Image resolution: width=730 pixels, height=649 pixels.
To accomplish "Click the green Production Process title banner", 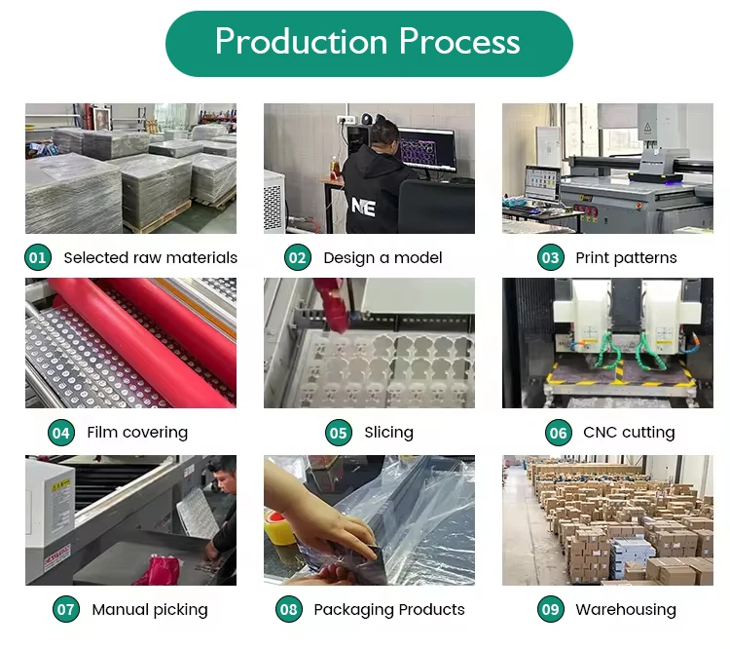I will (368, 43).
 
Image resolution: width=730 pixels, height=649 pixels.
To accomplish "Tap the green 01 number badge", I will (37, 257).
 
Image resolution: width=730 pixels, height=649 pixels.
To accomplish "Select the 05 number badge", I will (338, 432).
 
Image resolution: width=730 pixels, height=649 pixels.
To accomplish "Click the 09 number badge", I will (551, 609).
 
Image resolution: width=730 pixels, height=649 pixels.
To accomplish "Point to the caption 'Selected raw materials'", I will (150, 257).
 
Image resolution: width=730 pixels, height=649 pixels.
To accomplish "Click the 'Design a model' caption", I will (383, 257).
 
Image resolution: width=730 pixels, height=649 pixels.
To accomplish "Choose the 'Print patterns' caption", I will (626, 257).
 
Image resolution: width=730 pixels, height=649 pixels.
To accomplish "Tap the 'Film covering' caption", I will (137, 432).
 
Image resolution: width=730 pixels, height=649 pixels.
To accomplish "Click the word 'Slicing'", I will (388, 432).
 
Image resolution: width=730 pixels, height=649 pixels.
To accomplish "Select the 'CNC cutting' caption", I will (629, 432).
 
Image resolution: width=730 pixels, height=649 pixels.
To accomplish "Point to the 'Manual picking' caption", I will (150, 609).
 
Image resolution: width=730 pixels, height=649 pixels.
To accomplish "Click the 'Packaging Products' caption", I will (389, 609).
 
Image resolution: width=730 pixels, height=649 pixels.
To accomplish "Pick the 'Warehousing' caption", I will (626, 609).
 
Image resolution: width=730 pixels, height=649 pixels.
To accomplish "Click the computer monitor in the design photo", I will (426, 150).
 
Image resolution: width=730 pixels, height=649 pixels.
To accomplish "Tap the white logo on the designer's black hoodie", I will (363, 207).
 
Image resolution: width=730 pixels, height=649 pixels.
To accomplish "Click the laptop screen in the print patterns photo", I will (540, 182).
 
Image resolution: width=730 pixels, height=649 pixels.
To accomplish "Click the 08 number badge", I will (289, 609).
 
